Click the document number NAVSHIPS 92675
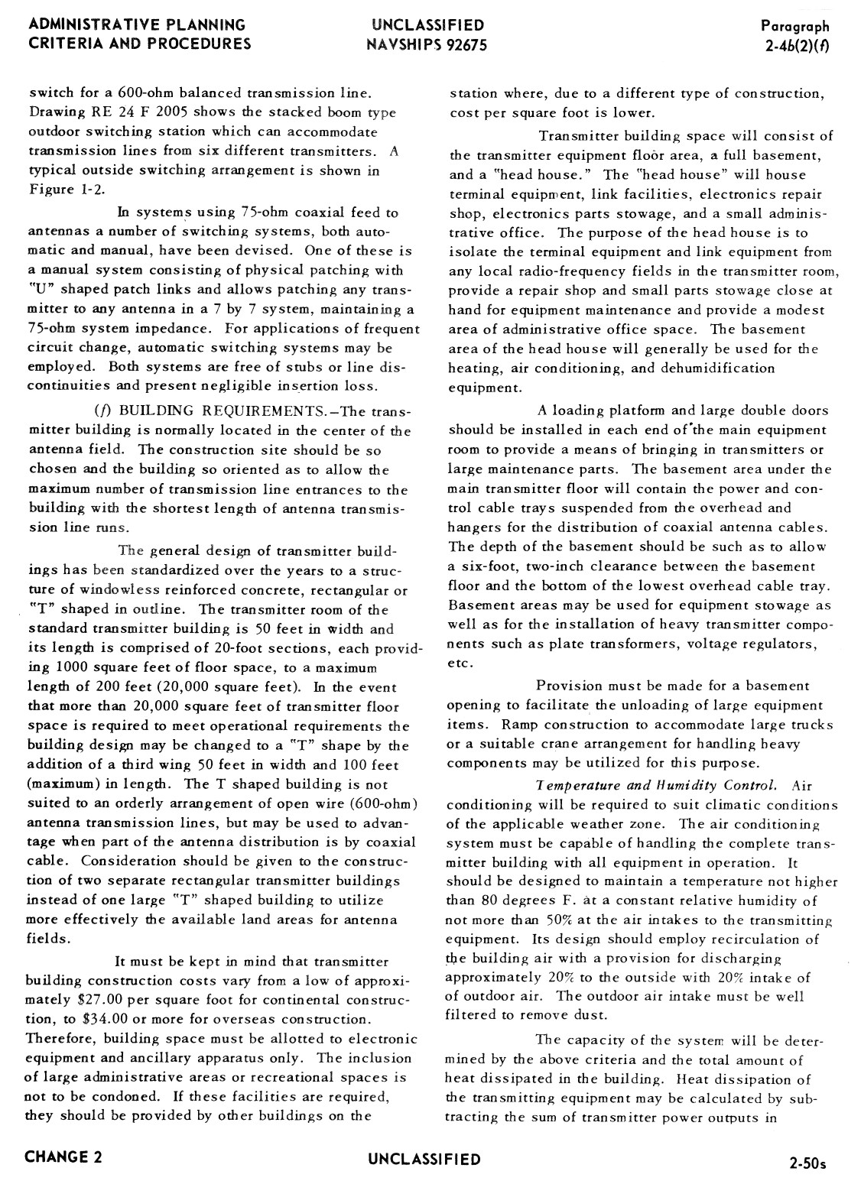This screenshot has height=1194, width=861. (426, 44)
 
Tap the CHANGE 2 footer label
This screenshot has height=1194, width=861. (63, 1157)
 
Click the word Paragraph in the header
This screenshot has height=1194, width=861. (795, 27)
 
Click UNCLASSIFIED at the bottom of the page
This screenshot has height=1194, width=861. (424, 1159)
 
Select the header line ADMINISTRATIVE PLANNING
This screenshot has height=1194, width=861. (138, 25)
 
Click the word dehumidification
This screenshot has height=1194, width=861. (706, 368)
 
